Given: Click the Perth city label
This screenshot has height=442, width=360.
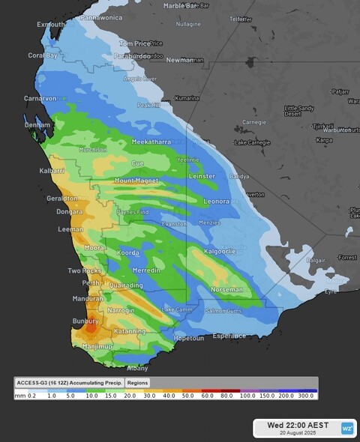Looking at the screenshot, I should (x=91, y=282).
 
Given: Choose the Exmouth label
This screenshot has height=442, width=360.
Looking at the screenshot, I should (x=50, y=24).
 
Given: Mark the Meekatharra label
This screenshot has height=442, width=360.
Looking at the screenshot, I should (x=151, y=141).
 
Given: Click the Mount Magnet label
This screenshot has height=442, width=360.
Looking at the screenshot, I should (x=135, y=181).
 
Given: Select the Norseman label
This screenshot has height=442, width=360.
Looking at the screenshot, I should (x=226, y=289).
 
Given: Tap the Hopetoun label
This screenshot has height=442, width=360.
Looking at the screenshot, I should (x=188, y=338).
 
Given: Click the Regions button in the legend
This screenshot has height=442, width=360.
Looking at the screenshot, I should (x=137, y=382).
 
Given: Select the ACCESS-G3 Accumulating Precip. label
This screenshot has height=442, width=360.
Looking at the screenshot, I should (x=69, y=382).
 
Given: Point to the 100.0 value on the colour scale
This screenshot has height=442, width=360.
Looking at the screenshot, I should (x=247, y=395).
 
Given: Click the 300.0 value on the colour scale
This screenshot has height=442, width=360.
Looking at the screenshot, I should (x=305, y=395).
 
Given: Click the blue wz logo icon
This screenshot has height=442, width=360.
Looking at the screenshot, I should (x=347, y=429).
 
